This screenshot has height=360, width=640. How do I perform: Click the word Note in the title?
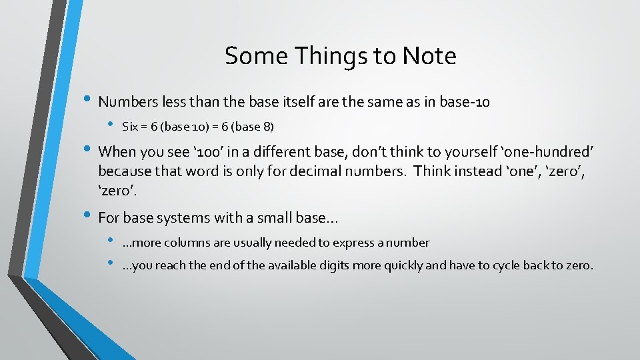[429, 56]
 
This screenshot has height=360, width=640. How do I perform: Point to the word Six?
[130, 126]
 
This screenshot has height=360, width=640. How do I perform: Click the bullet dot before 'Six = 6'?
[110, 124]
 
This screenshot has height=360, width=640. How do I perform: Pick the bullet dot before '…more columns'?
[110, 241]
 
